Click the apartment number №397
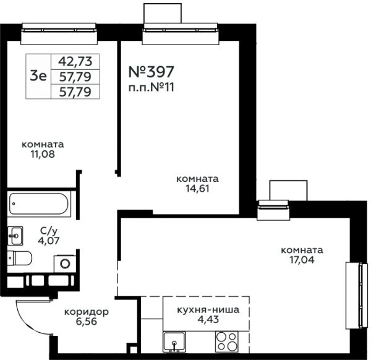point(151,72)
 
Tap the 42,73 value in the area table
point(75,61)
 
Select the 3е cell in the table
point(38,76)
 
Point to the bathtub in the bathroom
point(39,204)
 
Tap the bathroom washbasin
point(15,236)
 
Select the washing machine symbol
point(65,264)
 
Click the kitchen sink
point(174,341)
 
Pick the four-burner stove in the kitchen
point(227,341)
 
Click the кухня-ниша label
point(208,309)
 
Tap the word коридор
point(87,312)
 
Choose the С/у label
point(49,231)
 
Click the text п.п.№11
point(151,88)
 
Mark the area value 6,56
point(87,322)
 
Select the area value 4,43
point(208,320)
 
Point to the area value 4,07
point(49,241)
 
